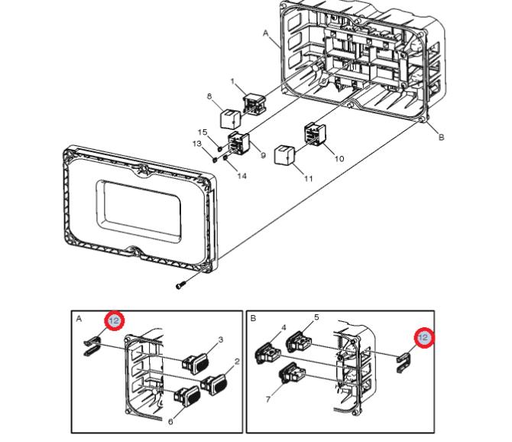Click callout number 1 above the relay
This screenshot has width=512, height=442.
[234, 82]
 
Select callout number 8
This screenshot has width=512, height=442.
[208, 96]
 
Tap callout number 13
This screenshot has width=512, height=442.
[196, 144]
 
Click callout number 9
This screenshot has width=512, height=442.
[262, 156]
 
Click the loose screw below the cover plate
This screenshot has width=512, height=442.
[180, 286]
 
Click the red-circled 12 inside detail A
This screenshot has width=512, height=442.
[114, 320]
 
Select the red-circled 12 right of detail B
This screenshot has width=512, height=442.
[423, 337]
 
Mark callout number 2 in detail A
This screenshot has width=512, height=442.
[238, 362]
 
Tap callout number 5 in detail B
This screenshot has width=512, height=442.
[316, 317]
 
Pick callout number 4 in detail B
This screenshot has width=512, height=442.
[283, 327]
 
